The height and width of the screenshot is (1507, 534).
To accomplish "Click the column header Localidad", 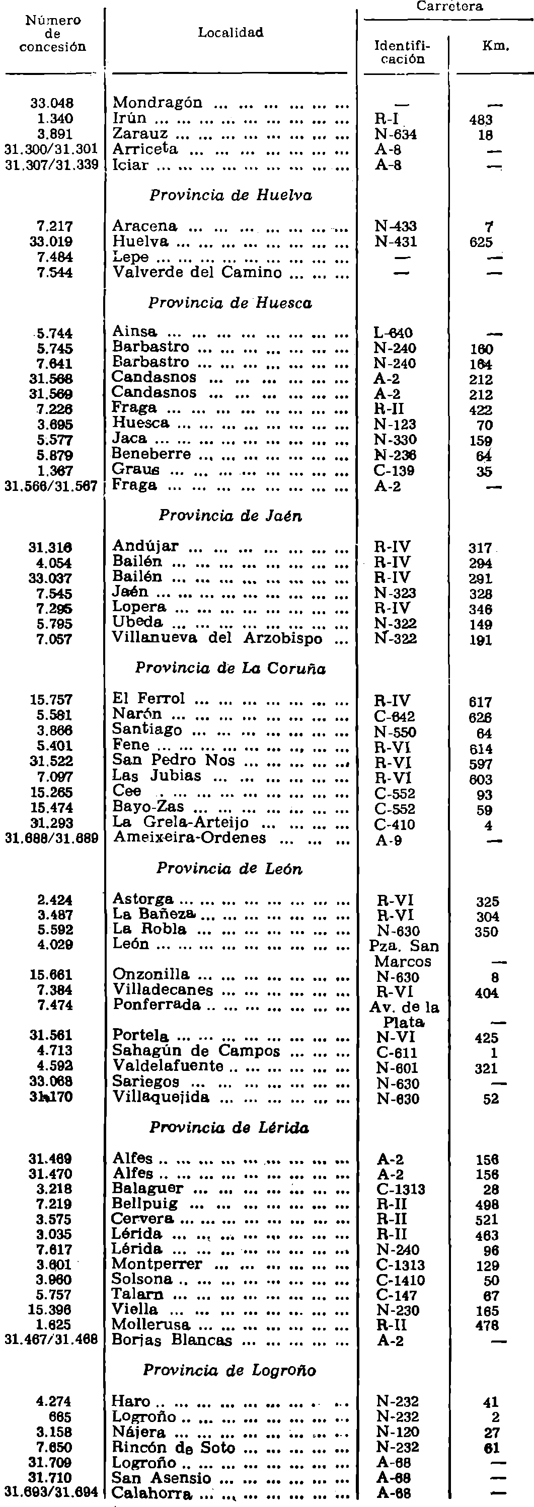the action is tap(231, 33).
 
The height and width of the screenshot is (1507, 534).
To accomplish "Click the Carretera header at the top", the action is tap(449, 7).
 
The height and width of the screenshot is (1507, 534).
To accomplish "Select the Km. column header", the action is tap(495, 46).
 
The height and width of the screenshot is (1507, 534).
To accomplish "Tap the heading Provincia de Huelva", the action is tap(231, 195).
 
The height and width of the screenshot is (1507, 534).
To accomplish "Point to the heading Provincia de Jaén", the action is tap(231, 516).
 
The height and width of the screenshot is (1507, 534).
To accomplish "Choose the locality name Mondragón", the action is tap(158, 103).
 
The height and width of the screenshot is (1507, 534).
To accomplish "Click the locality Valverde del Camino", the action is tap(197, 273).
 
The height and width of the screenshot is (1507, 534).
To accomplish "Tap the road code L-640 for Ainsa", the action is tap(394, 333).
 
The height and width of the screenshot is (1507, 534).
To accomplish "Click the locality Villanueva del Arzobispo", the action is tap(217, 638).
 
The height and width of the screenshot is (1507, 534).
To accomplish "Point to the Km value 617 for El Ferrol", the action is tap(480, 701).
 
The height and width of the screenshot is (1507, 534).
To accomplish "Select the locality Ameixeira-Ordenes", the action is tap(190, 838).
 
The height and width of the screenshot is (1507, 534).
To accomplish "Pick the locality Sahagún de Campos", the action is tap(197, 1051).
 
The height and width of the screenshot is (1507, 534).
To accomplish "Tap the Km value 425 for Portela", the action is tap(487, 1038).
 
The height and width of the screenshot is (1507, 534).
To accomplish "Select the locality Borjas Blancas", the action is tap(173, 1341).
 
